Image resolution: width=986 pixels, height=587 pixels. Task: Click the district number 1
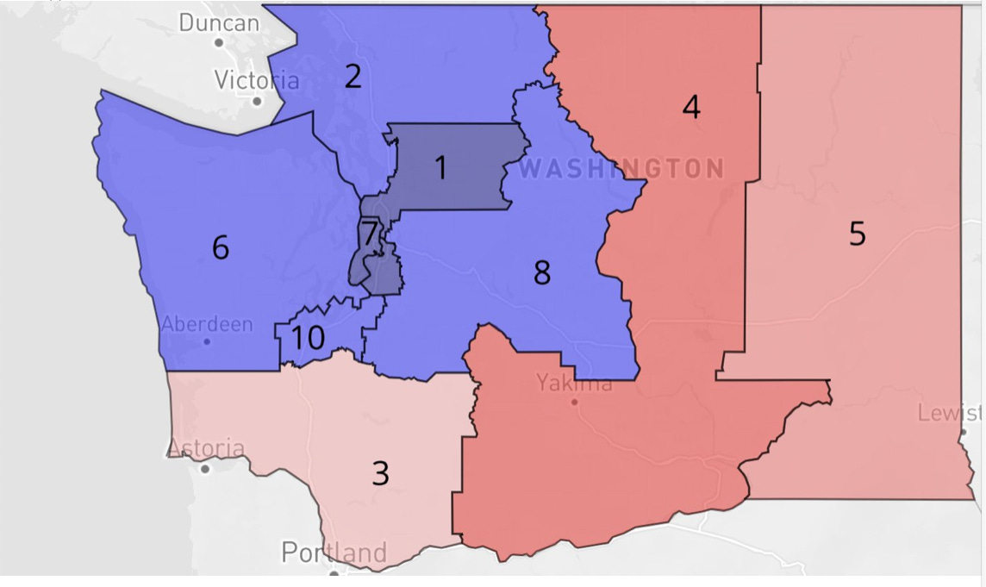(x=440, y=168)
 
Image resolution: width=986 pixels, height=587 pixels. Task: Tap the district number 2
(x=353, y=77)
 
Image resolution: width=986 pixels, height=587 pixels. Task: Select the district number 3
(x=380, y=473)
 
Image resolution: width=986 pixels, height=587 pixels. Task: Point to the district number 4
(x=690, y=108)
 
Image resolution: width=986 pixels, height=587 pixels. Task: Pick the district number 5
(x=857, y=234)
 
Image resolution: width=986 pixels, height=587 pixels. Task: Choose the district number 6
(x=221, y=248)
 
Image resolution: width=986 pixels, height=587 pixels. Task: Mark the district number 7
(x=369, y=234)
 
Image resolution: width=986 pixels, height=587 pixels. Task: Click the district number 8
(x=541, y=273)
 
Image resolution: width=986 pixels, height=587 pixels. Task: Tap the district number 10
(x=307, y=338)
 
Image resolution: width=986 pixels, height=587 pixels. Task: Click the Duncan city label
(x=219, y=22)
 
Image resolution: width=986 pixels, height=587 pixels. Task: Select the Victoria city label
(x=257, y=81)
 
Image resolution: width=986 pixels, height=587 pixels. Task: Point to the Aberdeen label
(x=207, y=325)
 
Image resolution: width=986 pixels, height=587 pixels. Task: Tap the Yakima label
(x=574, y=382)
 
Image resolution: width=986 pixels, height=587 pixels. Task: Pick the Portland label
(x=334, y=553)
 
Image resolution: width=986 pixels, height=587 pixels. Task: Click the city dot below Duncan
(x=219, y=42)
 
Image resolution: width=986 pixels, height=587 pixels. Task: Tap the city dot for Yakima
(x=574, y=402)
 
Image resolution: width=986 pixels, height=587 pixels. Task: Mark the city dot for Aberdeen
(x=207, y=341)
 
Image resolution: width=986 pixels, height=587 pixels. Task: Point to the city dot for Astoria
(x=205, y=469)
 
